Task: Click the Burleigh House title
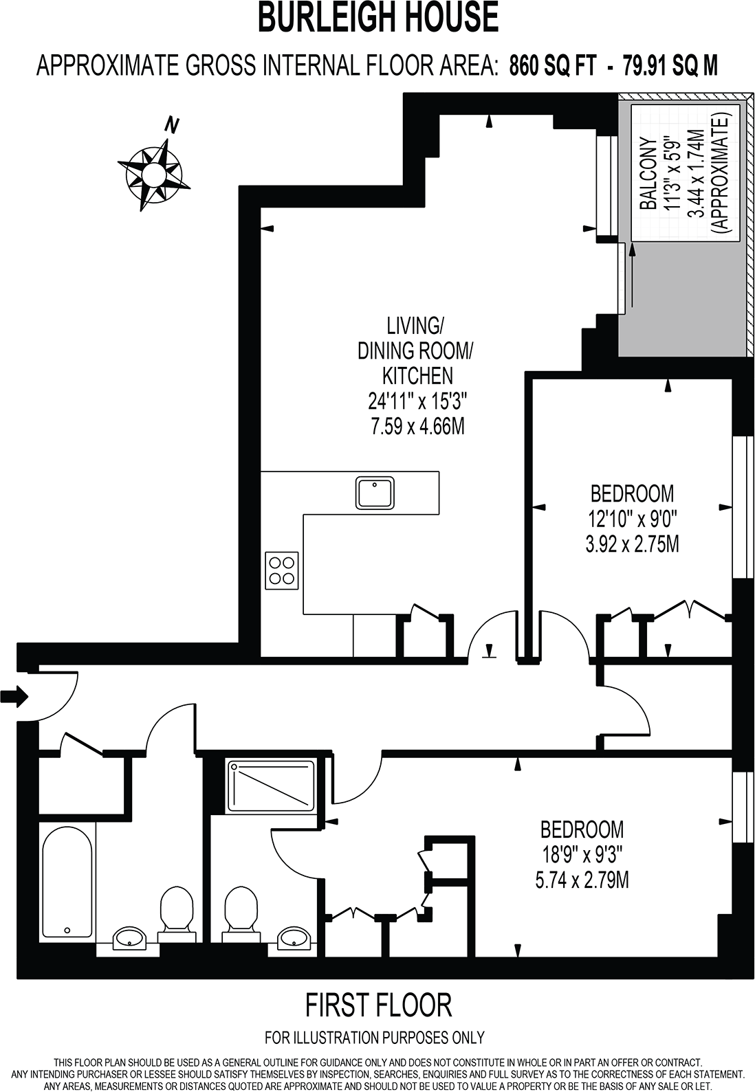pyautogui.click(x=377, y=18)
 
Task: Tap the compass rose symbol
pyautogui.click(x=152, y=172)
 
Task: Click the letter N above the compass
pyautogui.click(x=172, y=126)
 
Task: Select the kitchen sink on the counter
pyautogui.click(x=375, y=492)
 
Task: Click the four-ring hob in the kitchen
pyautogui.click(x=282, y=570)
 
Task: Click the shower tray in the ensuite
pyautogui.click(x=271, y=785)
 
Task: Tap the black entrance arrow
pyautogui.click(x=14, y=697)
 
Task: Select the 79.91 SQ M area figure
pyautogui.click(x=670, y=66)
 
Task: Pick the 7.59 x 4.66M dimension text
pyautogui.click(x=417, y=426)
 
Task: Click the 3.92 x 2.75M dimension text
pyautogui.click(x=632, y=544)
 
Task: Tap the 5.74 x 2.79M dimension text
pyautogui.click(x=582, y=880)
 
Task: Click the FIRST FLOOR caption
pyautogui.click(x=378, y=1005)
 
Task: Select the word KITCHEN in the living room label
pyautogui.click(x=417, y=375)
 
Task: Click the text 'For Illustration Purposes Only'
pyautogui.click(x=375, y=1038)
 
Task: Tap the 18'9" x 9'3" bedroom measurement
pyautogui.click(x=582, y=854)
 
